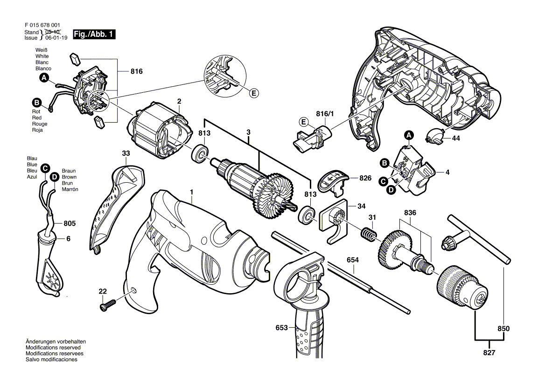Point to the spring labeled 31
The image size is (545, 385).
coord(368,234)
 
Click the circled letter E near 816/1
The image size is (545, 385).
coord(304,123)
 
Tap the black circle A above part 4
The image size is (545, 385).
coord(409,135)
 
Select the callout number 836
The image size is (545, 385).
coord(410,213)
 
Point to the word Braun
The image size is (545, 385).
coord(69,171)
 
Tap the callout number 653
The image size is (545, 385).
coord(281,328)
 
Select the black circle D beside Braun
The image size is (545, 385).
coord(54,177)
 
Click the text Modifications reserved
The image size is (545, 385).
coord(53,348)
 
